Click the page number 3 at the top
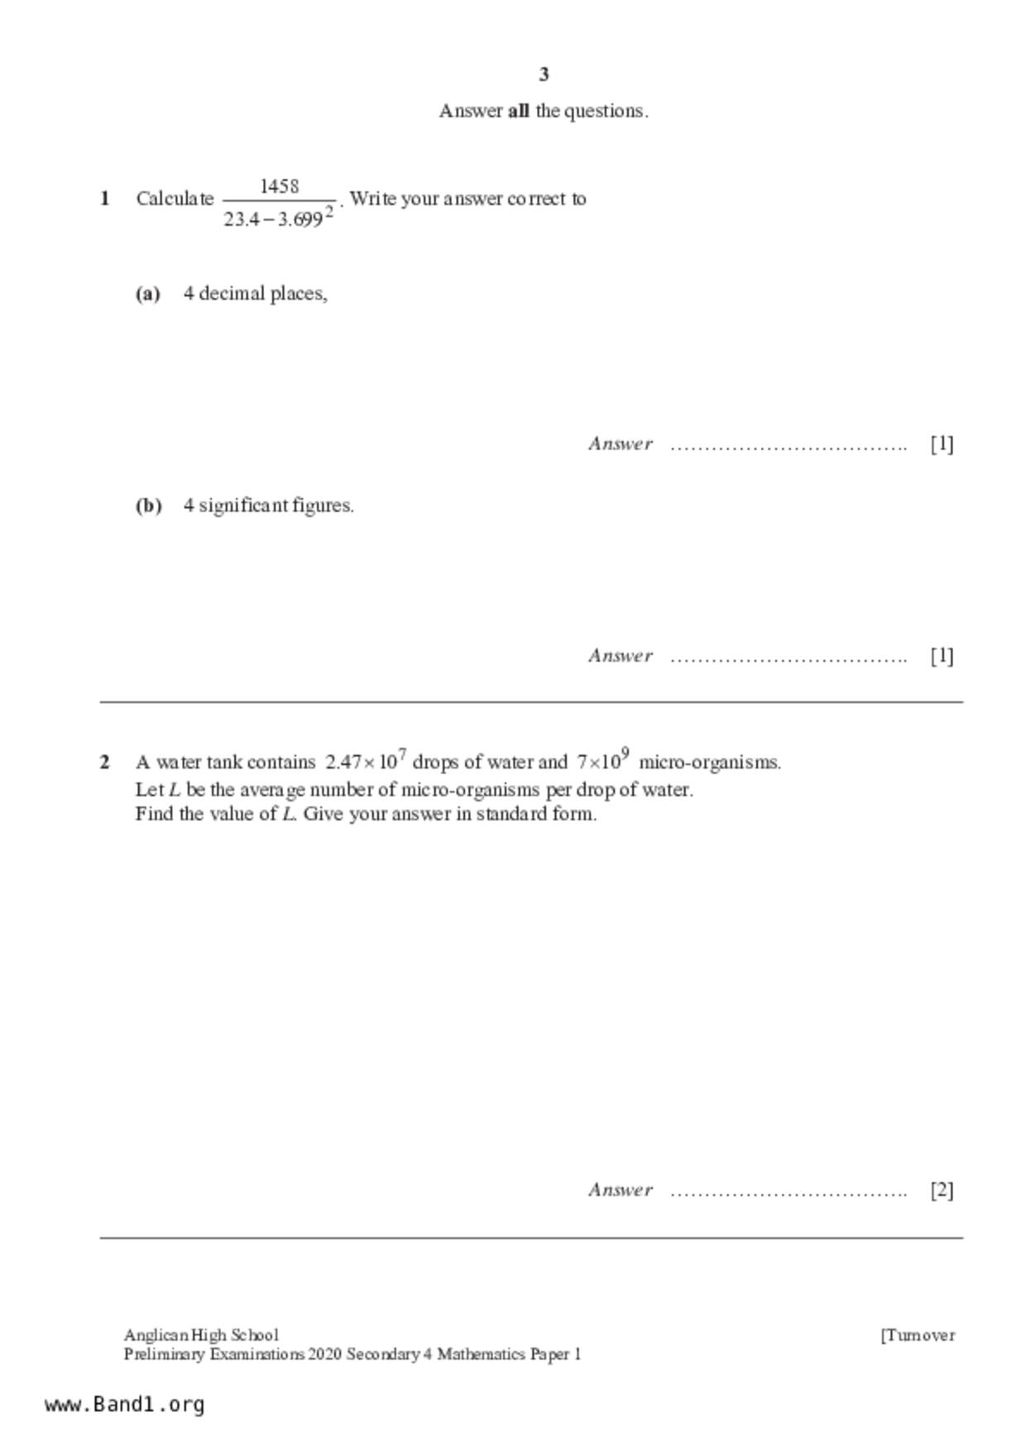(x=544, y=74)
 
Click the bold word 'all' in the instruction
(x=518, y=111)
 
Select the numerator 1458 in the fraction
(x=280, y=186)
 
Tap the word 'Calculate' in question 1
(x=175, y=199)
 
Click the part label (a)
(x=148, y=294)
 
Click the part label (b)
(x=149, y=505)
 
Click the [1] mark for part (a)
(x=941, y=444)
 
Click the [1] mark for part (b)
(x=941, y=656)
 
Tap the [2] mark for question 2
(x=941, y=1190)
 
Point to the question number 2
(x=105, y=762)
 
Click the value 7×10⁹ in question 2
(x=603, y=760)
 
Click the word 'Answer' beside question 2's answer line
(x=620, y=1190)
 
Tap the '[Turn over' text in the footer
(x=917, y=1335)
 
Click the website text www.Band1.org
(x=125, y=1405)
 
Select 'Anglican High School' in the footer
(x=201, y=1335)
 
